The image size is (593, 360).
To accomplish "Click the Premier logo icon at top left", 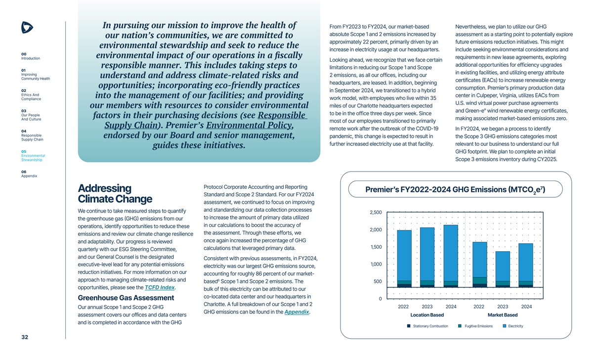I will point(27,28).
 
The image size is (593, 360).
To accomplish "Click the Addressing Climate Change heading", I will point(115,194).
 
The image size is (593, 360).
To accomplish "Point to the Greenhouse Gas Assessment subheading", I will point(126,298).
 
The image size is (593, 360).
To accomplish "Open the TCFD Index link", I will point(160,288).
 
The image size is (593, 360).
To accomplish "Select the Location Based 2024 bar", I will point(451,256).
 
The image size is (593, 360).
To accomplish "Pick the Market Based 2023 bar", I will point(503,269).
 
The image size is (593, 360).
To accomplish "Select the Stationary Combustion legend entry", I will point(427,326).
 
